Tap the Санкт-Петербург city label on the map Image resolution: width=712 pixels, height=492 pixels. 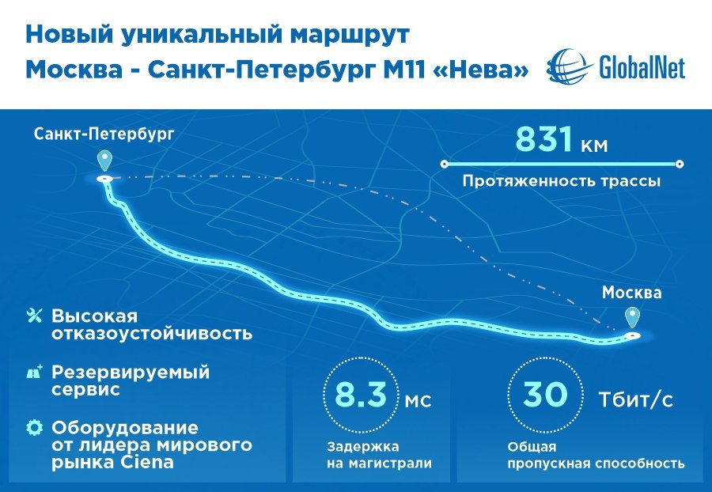[104, 134]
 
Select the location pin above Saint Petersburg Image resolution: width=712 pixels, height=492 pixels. [105, 161]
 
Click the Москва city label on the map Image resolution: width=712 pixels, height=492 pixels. [631, 293]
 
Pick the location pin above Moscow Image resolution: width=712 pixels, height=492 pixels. [633, 318]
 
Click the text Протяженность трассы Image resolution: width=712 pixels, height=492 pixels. [561, 182]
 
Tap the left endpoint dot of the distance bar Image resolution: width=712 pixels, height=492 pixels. [445, 164]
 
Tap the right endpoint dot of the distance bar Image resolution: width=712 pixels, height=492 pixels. [680, 164]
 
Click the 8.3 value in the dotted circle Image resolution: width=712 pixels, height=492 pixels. [361, 395]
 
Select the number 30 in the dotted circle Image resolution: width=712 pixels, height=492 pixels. [545, 394]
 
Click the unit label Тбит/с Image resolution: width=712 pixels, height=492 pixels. [636, 400]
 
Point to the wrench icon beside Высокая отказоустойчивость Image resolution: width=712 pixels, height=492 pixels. [35, 316]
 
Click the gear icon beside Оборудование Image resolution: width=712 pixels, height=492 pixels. [35, 428]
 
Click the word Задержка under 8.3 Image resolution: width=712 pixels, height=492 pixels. [363, 447]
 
